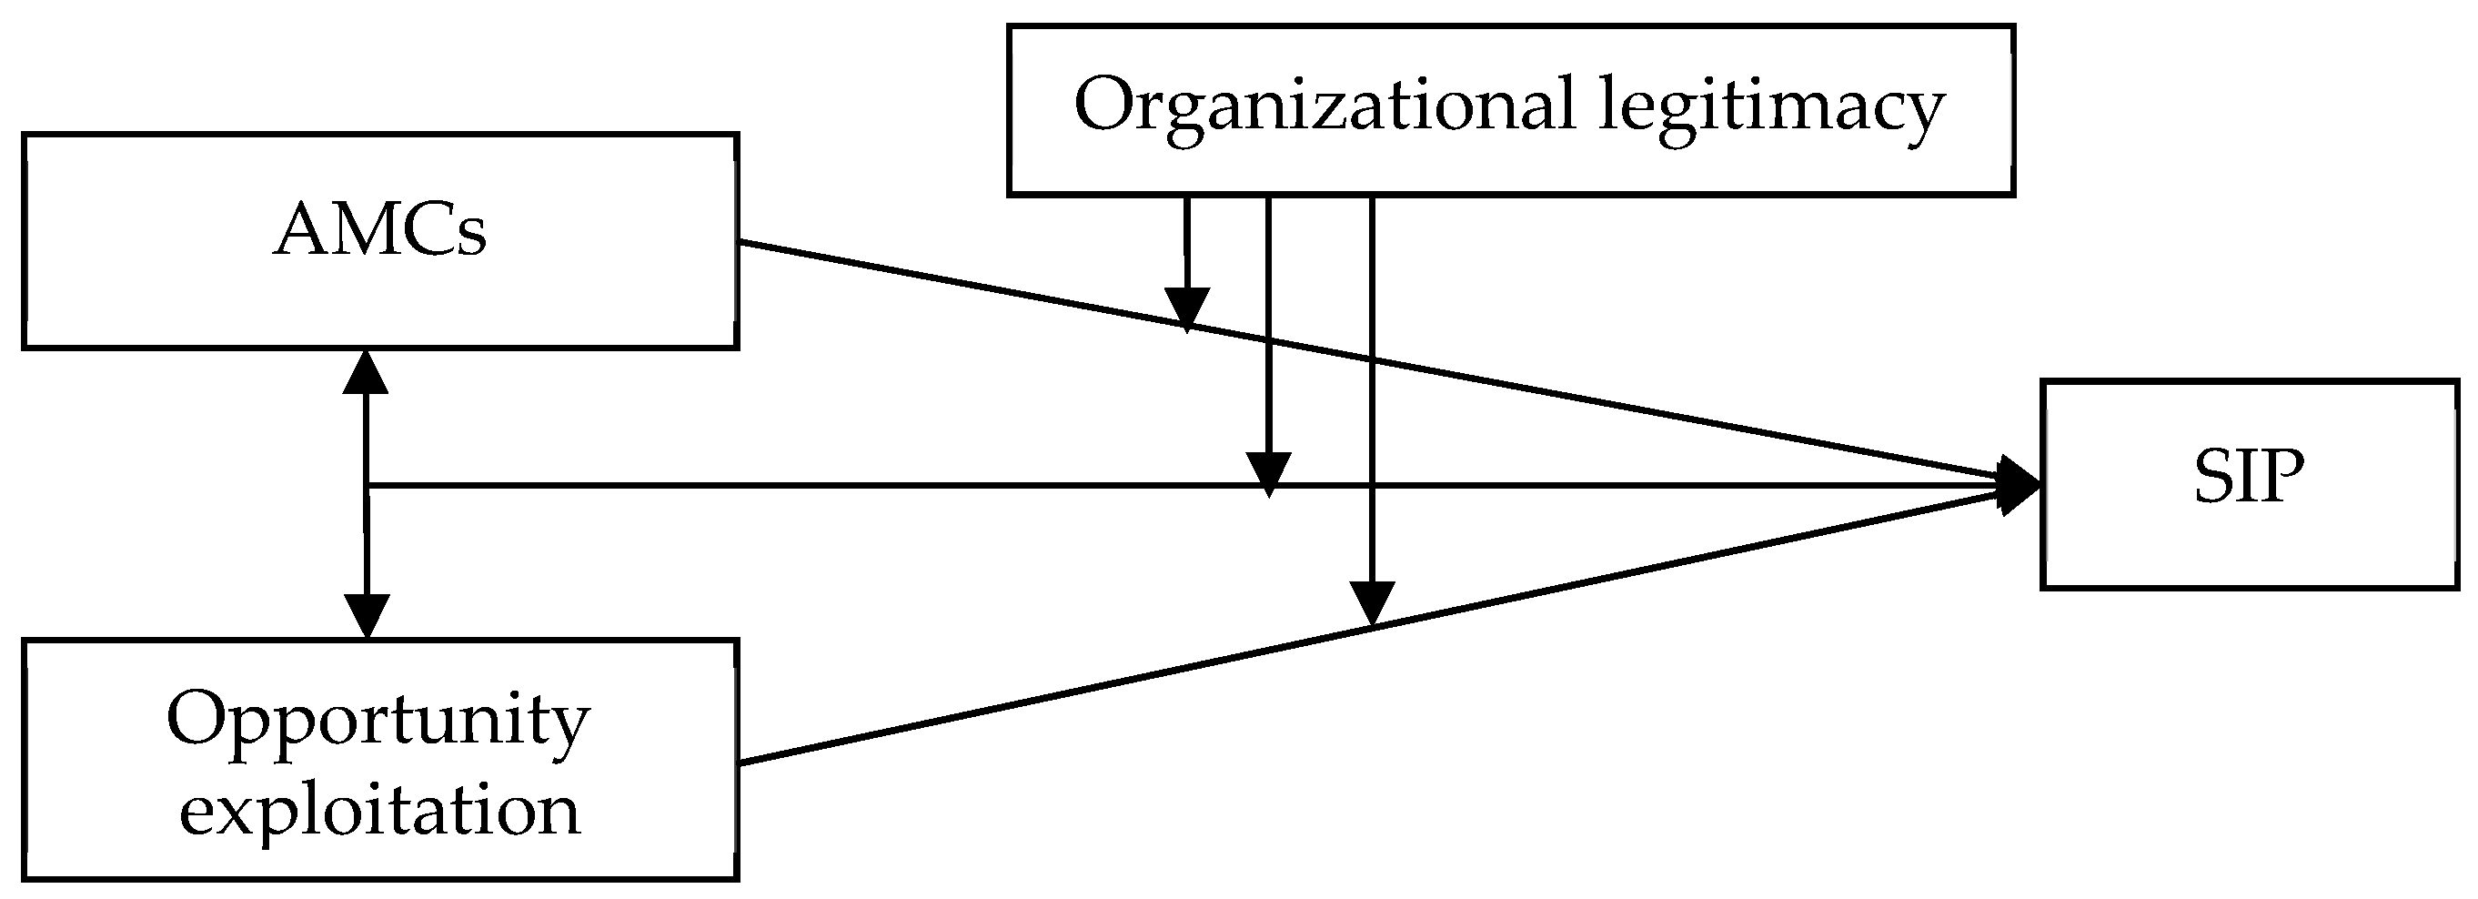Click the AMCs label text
click(x=381, y=232)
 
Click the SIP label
click(x=2249, y=478)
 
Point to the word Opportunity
click(x=378, y=722)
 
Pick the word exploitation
click(x=380, y=811)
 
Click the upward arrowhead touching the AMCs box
click(x=367, y=372)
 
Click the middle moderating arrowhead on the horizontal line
click(x=1268, y=472)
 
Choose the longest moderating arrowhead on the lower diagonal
click(x=1372, y=602)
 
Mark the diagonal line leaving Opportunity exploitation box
click(x=962, y=715)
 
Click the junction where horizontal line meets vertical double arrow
click(x=367, y=485)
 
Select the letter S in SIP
click(x=2211, y=478)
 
